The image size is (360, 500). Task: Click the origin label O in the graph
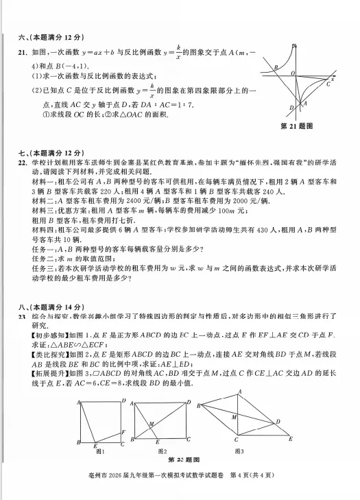[x=292, y=73]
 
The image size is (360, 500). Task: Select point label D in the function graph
[x=291, y=108]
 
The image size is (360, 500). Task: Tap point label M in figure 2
[x=152, y=423]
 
